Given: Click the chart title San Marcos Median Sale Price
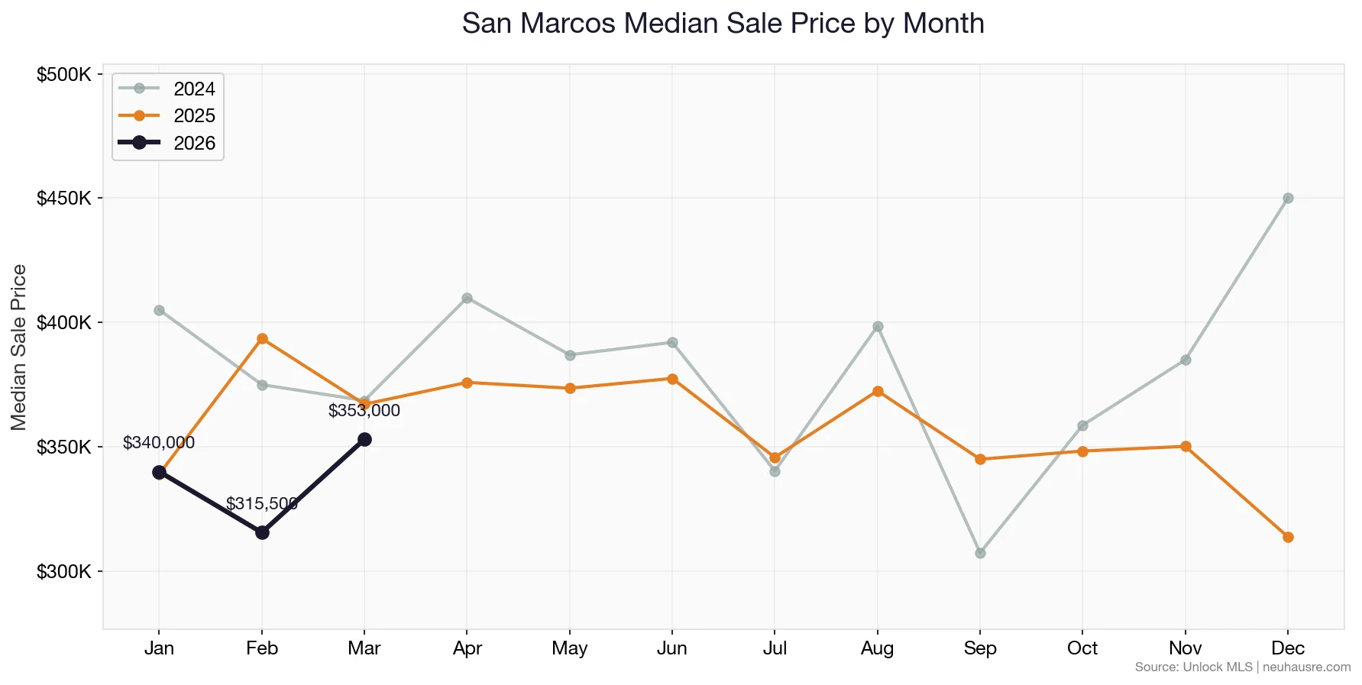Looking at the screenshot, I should tap(723, 24).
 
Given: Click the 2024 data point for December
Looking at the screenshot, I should tap(1288, 199).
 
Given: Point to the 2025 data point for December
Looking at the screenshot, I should tap(1288, 538).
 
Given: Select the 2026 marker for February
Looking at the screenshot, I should tap(262, 532).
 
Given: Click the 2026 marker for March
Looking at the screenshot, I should tap(364, 439).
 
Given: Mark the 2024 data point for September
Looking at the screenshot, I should tap(980, 553).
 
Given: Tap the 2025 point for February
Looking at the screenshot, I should tap(262, 338).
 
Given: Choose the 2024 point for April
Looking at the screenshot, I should tap(467, 298).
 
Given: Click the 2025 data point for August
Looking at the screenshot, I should tap(878, 391).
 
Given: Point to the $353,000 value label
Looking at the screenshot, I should tap(364, 411).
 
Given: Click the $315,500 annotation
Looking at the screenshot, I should tap(261, 504).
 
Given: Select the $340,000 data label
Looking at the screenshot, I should tap(159, 443).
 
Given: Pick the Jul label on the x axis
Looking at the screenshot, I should tap(775, 648).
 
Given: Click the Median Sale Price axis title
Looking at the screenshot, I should tap(20, 347).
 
